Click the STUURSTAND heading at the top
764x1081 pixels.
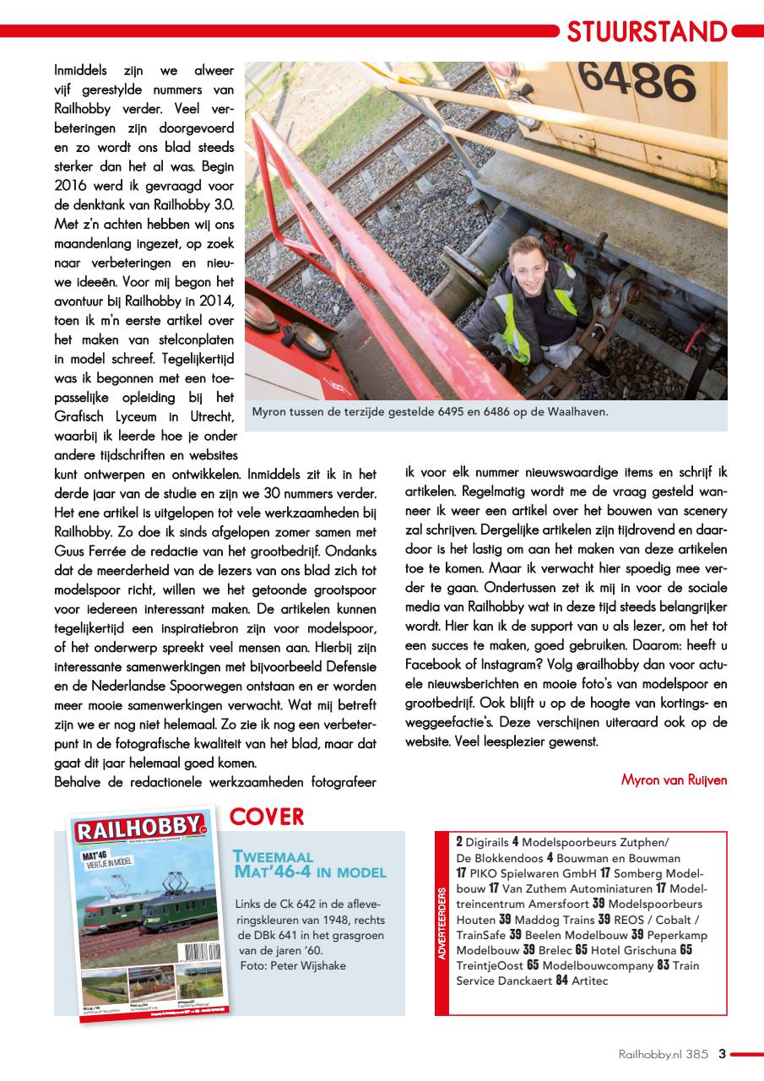tap(647, 32)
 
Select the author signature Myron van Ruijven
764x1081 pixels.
tap(674, 780)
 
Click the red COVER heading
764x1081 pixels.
tap(267, 817)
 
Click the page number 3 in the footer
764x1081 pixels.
tap(722, 1053)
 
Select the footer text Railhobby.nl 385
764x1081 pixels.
tap(663, 1054)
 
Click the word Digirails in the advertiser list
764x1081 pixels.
tap(487, 842)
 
